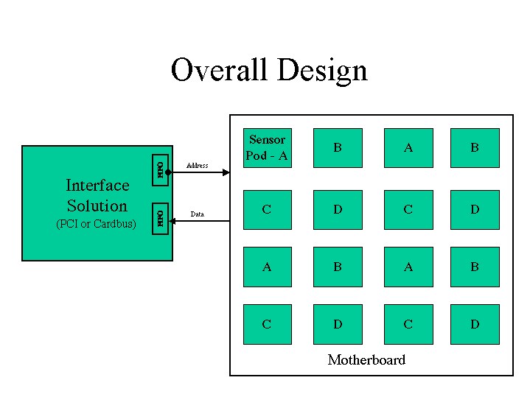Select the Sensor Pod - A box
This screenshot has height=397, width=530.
click(267, 148)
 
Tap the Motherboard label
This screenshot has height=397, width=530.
click(366, 360)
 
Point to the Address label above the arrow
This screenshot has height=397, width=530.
click(197, 166)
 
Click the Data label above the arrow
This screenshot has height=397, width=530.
click(197, 214)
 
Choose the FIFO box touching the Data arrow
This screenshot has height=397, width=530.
click(160, 218)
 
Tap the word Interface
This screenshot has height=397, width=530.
click(97, 186)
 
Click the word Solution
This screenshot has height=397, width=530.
click(97, 206)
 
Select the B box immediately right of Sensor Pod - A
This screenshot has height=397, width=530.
click(338, 148)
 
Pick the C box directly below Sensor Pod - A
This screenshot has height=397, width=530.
click(267, 210)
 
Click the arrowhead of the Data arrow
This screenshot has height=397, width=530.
click(172, 220)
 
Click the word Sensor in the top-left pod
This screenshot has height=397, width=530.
click(267, 140)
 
